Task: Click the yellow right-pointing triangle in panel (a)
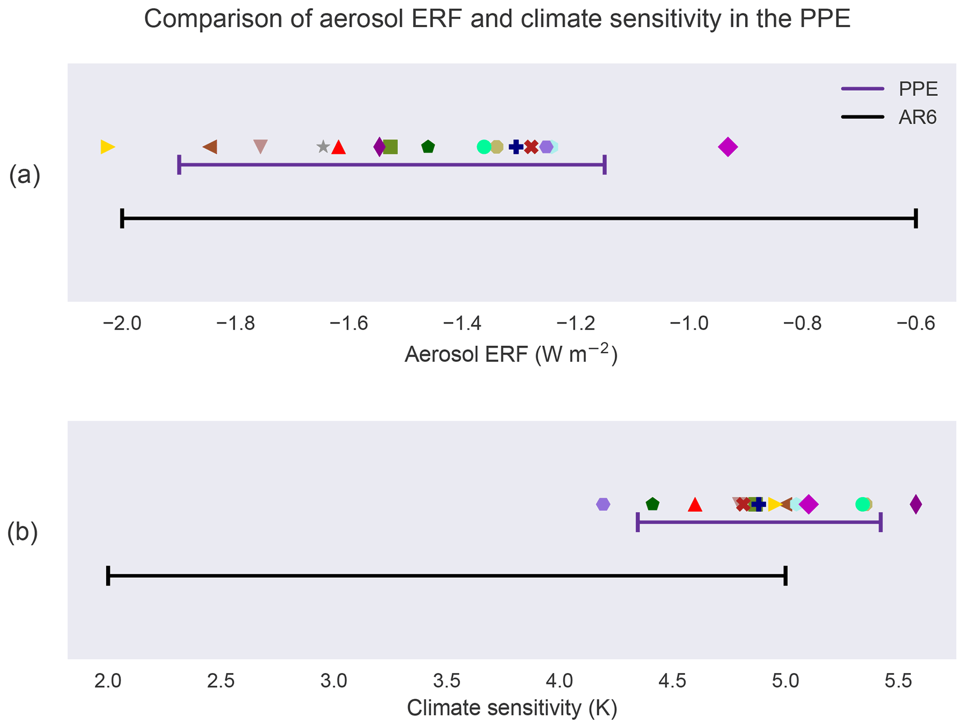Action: tap(107, 147)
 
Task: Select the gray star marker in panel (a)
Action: tap(323, 147)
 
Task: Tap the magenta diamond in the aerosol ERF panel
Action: tap(727, 147)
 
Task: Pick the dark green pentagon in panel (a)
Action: tap(428, 147)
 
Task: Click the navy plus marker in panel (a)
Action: tap(515, 147)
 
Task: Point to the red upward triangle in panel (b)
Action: tap(695, 505)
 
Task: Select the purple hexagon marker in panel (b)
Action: tap(603, 504)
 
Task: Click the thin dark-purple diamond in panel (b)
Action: tap(916, 504)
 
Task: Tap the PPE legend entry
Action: tap(918, 89)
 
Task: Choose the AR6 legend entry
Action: tap(917, 117)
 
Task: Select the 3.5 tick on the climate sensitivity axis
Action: tap(447, 681)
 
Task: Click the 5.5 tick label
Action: tap(898, 681)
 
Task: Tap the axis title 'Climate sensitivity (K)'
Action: tap(512, 708)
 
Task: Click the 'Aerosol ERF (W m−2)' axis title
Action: tap(511, 355)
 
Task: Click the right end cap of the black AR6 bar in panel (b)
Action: tap(786, 576)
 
